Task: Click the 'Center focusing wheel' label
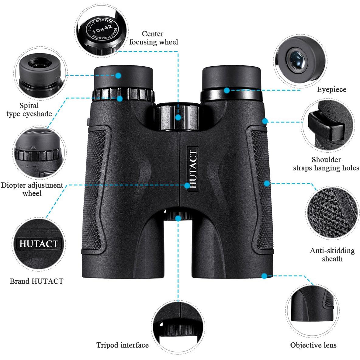(154, 38)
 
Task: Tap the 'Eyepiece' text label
(331, 89)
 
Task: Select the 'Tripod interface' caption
(122, 345)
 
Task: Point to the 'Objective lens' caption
(313, 345)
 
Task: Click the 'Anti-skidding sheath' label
(332, 254)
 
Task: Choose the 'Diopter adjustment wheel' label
(32, 189)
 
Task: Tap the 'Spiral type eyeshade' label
(29, 110)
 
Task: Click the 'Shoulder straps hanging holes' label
(326, 164)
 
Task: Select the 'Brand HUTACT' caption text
(36, 281)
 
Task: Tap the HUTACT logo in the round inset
(39, 244)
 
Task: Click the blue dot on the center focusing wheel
(178, 118)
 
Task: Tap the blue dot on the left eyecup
(118, 75)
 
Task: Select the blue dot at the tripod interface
(178, 218)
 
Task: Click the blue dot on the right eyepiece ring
(227, 90)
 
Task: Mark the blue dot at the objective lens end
(264, 276)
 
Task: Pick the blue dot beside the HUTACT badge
(187, 185)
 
